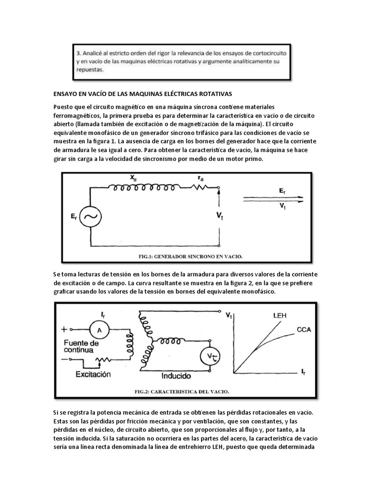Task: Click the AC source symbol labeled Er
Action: tap(91, 218)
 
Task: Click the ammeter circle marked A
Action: tap(100, 330)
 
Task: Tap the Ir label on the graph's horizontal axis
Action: tap(304, 373)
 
